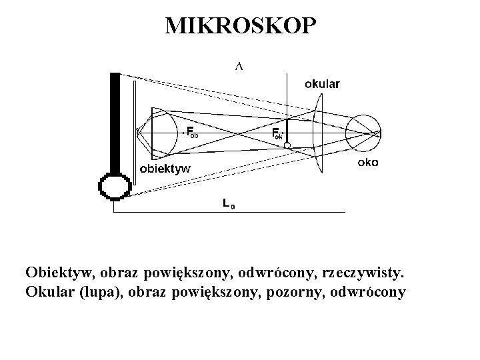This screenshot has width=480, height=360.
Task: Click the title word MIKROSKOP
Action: tap(239, 25)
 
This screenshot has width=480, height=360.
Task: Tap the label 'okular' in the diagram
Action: tap(322, 84)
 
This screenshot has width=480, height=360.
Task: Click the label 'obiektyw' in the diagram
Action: tap(164, 168)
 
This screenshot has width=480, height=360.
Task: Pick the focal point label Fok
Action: tap(277, 133)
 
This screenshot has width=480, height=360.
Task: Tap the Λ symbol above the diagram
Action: tap(238, 66)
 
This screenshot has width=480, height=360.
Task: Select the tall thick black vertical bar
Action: tap(115, 120)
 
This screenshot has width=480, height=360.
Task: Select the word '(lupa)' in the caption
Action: tap(97, 292)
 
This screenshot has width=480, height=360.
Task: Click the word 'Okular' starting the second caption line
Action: tap(49, 292)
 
